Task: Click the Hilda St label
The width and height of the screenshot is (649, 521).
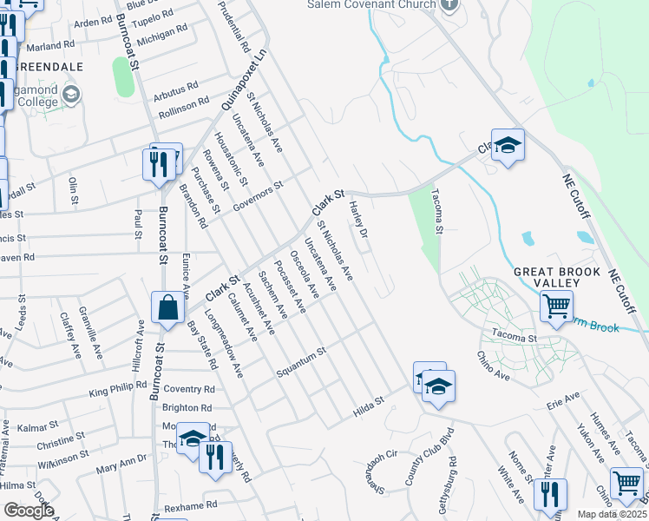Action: click(x=368, y=406)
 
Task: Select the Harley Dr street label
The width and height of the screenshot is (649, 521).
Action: click(x=359, y=221)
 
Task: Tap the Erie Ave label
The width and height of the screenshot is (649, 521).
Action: click(x=562, y=399)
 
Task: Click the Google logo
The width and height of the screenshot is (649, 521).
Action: click(x=29, y=511)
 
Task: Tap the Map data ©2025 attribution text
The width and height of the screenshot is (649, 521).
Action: click(x=611, y=514)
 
